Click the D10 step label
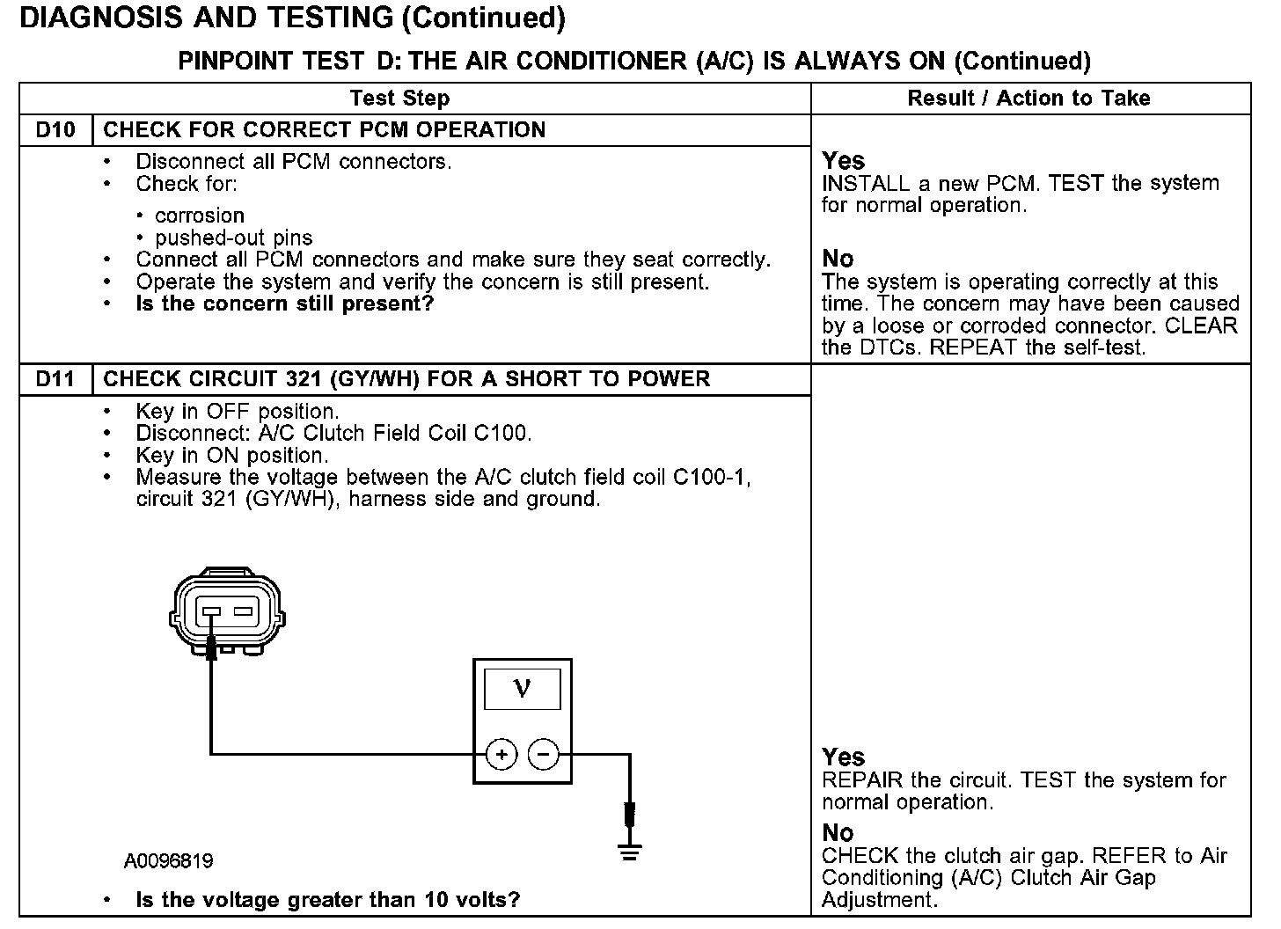click(x=55, y=130)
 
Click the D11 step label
click(x=55, y=379)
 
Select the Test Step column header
click(x=399, y=99)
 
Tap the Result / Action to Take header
click(x=1028, y=99)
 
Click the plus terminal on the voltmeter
click(x=501, y=755)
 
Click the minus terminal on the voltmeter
click(x=543, y=755)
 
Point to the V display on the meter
click(x=522, y=688)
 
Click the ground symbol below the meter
click(x=629, y=851)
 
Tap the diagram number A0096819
click(x=168, y=860)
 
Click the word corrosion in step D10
click(x=200, y=216)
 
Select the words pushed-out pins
click(x=233, y=238)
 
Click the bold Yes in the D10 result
click(x=843, y=161)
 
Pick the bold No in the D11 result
click(x=838, y=832)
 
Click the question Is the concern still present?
click(x=285, y=304)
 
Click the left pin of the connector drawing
click(x=211, y=611)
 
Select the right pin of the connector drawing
click(x=244, y=611)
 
